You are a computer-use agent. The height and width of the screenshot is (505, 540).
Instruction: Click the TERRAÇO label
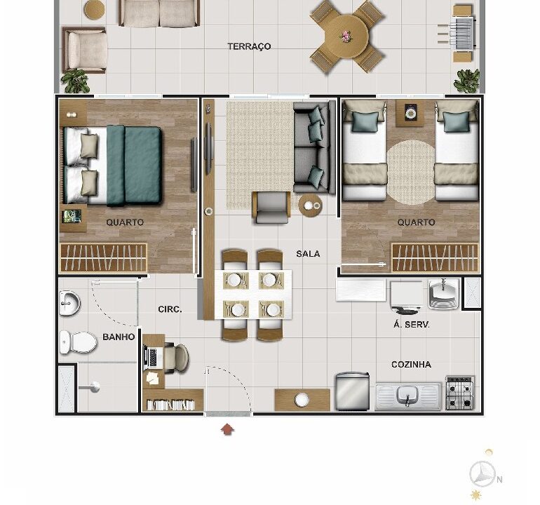[249, 46]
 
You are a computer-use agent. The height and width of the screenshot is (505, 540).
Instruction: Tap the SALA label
[308, 254]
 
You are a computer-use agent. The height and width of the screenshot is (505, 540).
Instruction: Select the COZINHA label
[411, 365]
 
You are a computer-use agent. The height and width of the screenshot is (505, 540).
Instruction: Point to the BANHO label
[119, 337]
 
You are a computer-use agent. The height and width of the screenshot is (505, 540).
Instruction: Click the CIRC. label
[170, 309]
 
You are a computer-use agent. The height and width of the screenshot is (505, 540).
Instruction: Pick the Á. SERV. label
[412, 324]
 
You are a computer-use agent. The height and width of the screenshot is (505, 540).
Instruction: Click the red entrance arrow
[228, 429]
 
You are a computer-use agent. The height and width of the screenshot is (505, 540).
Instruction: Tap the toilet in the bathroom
[78, 342]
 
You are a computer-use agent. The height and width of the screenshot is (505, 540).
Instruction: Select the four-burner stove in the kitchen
[460, 393]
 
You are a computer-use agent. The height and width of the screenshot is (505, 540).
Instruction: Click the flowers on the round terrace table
[346, 36]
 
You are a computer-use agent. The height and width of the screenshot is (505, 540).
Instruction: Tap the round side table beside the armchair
[310, 206]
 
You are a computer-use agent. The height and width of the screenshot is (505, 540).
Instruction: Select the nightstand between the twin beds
[410, 113]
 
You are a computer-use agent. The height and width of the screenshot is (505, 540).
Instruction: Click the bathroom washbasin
[69, 303]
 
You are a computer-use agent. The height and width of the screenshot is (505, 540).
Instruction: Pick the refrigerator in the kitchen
[352, 391]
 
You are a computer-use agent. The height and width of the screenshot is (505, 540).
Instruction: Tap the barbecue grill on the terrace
[463, 34]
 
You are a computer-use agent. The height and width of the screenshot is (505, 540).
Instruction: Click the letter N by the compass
[500, 479]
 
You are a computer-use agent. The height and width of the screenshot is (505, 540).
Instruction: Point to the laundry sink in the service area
[444, 294]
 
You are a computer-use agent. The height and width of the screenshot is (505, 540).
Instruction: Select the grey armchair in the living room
[271, 208]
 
